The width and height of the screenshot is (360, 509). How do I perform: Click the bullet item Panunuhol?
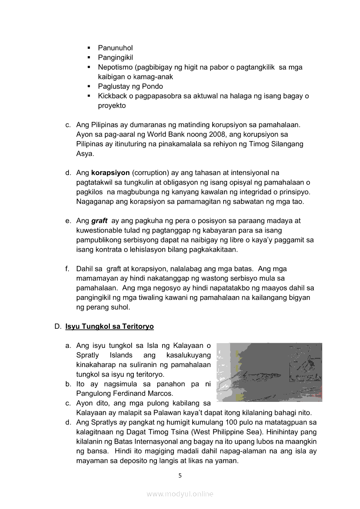115,48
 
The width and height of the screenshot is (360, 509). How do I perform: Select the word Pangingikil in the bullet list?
115,57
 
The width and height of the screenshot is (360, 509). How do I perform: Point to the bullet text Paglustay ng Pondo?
130,86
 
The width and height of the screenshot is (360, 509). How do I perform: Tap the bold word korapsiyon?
110,173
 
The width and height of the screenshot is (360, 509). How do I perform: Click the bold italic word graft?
99,221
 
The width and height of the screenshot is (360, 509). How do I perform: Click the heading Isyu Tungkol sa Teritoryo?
109,326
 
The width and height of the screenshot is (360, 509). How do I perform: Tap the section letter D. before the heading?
58,326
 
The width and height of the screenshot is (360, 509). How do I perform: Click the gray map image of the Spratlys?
269,372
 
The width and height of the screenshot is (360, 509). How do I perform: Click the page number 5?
180,475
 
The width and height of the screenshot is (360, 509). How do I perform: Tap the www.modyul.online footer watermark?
180,494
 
